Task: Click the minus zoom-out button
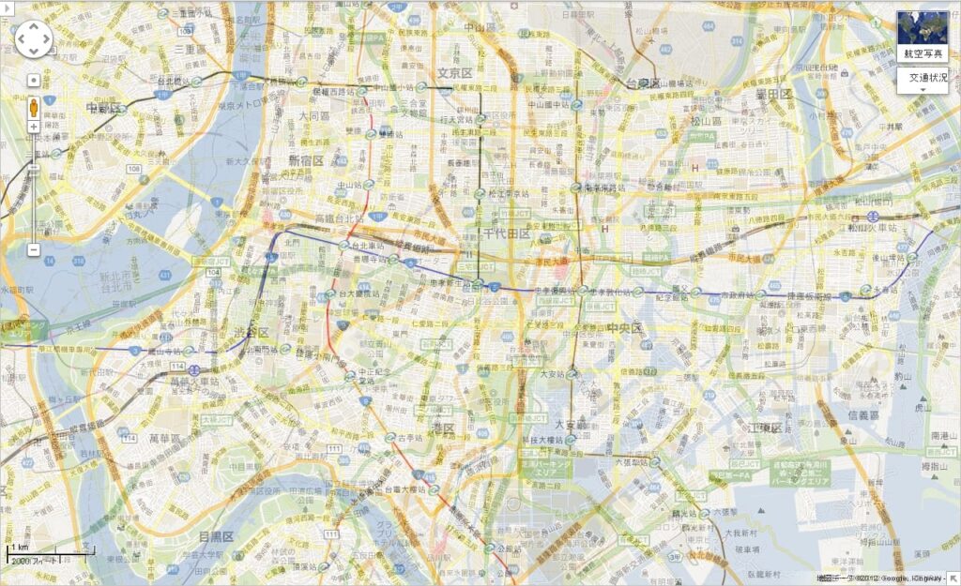coord(33,250)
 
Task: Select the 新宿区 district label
coord(306,160)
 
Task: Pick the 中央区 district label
coord(624,328)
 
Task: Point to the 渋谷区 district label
coord(251,333)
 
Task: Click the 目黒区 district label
coord(215,536)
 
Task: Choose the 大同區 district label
coord(314,116)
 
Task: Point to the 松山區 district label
coord(706,121)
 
